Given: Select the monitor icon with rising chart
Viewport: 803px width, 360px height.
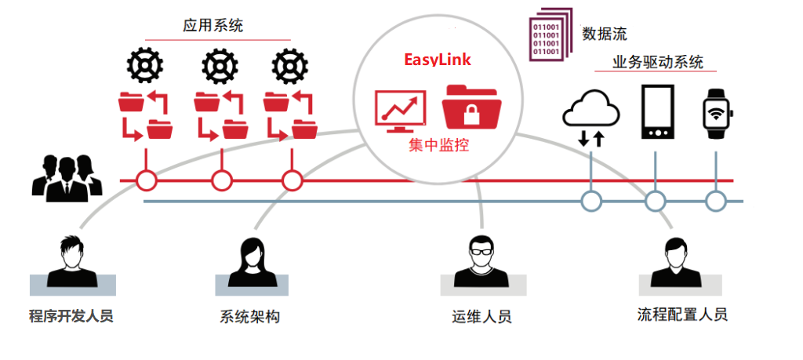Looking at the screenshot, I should pyautogui.click(x=401, y=111).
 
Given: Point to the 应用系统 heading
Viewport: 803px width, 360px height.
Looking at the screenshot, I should pyautogui.click(x=213, y=26).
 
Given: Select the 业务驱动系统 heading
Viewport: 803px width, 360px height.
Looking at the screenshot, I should pyautogui.click(x=658, y=63).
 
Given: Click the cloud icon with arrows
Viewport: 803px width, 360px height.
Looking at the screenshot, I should pyautogui.click(x=590, y=116).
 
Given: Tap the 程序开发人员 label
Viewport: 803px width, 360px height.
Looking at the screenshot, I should pyautogui.click(x=71, y=317).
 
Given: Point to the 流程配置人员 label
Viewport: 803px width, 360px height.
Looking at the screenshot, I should pyautogui.click(x=682, y=315).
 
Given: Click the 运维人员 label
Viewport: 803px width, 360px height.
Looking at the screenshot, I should pyautogui.click(x=481, y=318).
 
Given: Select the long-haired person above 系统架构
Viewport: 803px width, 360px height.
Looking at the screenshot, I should pyautogui.click(x=249, y=260).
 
